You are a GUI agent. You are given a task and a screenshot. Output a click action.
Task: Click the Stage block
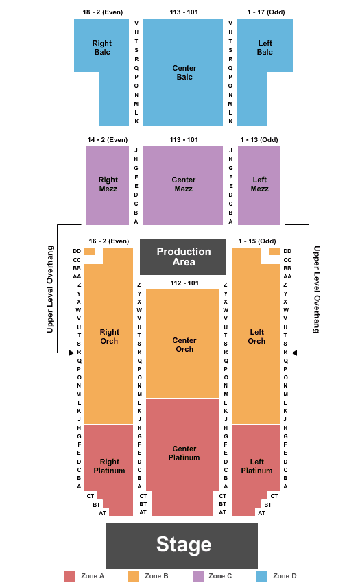coord(182,545)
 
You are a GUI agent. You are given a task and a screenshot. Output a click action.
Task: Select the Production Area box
coord(182,257)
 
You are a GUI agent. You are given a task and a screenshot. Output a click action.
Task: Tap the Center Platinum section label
coord(184,453)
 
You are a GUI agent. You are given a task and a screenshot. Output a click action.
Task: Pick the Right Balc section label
coord(102,47)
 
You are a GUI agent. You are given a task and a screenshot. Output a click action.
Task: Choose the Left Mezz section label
coord(260,184)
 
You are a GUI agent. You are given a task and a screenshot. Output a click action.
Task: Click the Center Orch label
coord(184,345)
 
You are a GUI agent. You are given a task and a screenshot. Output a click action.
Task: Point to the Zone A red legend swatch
coord(70,576)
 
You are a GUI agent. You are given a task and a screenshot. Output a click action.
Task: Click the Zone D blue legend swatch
coord(262,576)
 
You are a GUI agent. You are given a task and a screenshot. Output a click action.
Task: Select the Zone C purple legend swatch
coord(198,576)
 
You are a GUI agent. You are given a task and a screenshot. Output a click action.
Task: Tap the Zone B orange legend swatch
coord(134,576)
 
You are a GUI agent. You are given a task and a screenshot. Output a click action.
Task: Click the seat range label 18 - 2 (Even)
coord(103,12)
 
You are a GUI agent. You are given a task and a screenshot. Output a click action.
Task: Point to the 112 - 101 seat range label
coord(184,283)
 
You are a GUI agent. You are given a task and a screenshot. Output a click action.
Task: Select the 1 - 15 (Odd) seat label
coord(257,241)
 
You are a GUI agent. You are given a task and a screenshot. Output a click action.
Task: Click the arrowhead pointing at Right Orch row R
coord(71,353)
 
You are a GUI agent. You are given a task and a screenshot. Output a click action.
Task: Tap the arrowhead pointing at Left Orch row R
coord(295,353)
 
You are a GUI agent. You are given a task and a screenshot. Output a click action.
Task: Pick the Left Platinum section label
coord(256,466)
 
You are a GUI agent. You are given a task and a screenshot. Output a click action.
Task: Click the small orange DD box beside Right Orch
coord(90,251)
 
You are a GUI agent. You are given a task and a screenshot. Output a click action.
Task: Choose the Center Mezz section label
coord(183,184)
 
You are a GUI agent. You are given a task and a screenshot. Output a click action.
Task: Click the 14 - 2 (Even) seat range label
coord(108,140)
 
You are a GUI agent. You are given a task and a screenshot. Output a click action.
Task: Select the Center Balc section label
coord(184,73)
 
